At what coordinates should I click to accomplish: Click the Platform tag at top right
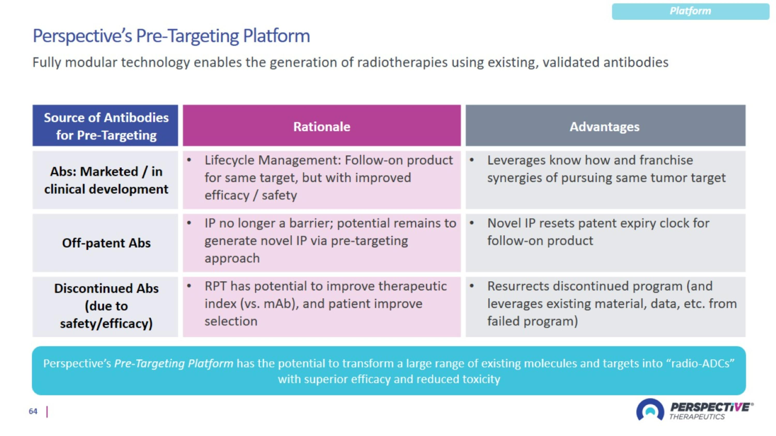coord(690,11)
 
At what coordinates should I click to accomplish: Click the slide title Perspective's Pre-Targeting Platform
coord(171,36)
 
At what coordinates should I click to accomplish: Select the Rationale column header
coord(322,127)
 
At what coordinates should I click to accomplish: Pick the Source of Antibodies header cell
coord(106,126)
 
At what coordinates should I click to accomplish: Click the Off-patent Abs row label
coord(106,243)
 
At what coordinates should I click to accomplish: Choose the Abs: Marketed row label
coord(106,180)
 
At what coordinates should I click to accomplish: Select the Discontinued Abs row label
coord(106,306)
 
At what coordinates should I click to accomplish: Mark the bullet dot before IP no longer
coord(189,223)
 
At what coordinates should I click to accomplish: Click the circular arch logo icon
coord(650,410)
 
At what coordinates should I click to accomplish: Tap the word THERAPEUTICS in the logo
coord(697,416)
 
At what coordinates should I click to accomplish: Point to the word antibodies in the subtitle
coord(636,62)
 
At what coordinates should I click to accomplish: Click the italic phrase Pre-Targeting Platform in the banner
coord(174,363)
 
